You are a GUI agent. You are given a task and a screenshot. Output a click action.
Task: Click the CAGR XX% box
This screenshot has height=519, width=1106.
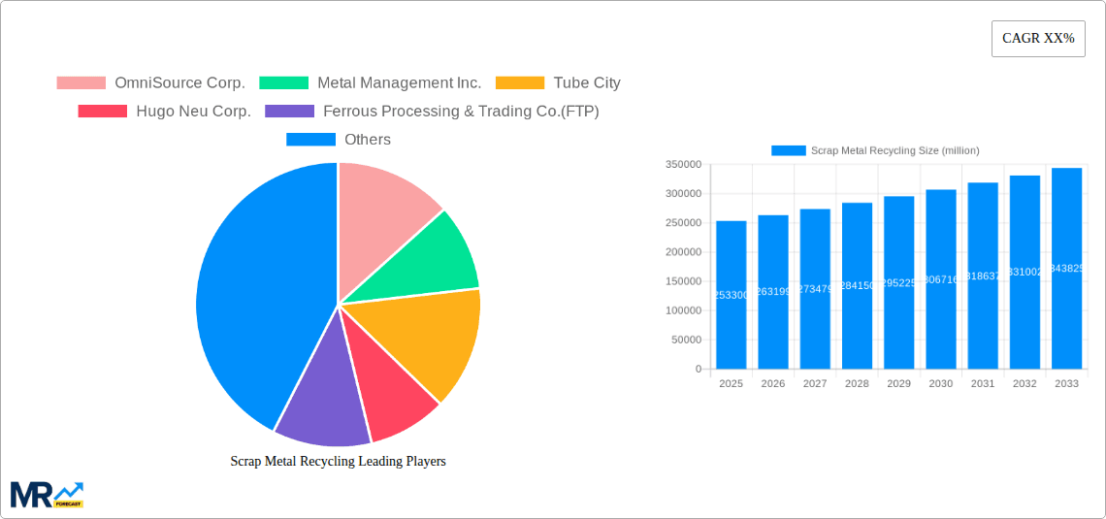point(1038,39)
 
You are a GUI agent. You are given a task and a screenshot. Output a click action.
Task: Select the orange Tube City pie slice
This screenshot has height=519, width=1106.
point(437,340)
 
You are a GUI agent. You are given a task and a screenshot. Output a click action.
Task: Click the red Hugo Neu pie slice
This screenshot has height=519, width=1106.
point(393,398)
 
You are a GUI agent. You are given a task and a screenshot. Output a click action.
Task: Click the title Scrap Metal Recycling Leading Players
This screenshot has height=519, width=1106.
point(338,462)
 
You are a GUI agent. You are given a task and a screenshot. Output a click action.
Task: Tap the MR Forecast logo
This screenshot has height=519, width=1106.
point(47,495)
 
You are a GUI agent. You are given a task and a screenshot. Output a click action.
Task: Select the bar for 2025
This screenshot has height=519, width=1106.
point(732,295)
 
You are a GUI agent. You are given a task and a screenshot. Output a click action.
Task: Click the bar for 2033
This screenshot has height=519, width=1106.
point(1066,269)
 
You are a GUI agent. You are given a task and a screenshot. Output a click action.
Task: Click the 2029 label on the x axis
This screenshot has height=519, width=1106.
point(898,384)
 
